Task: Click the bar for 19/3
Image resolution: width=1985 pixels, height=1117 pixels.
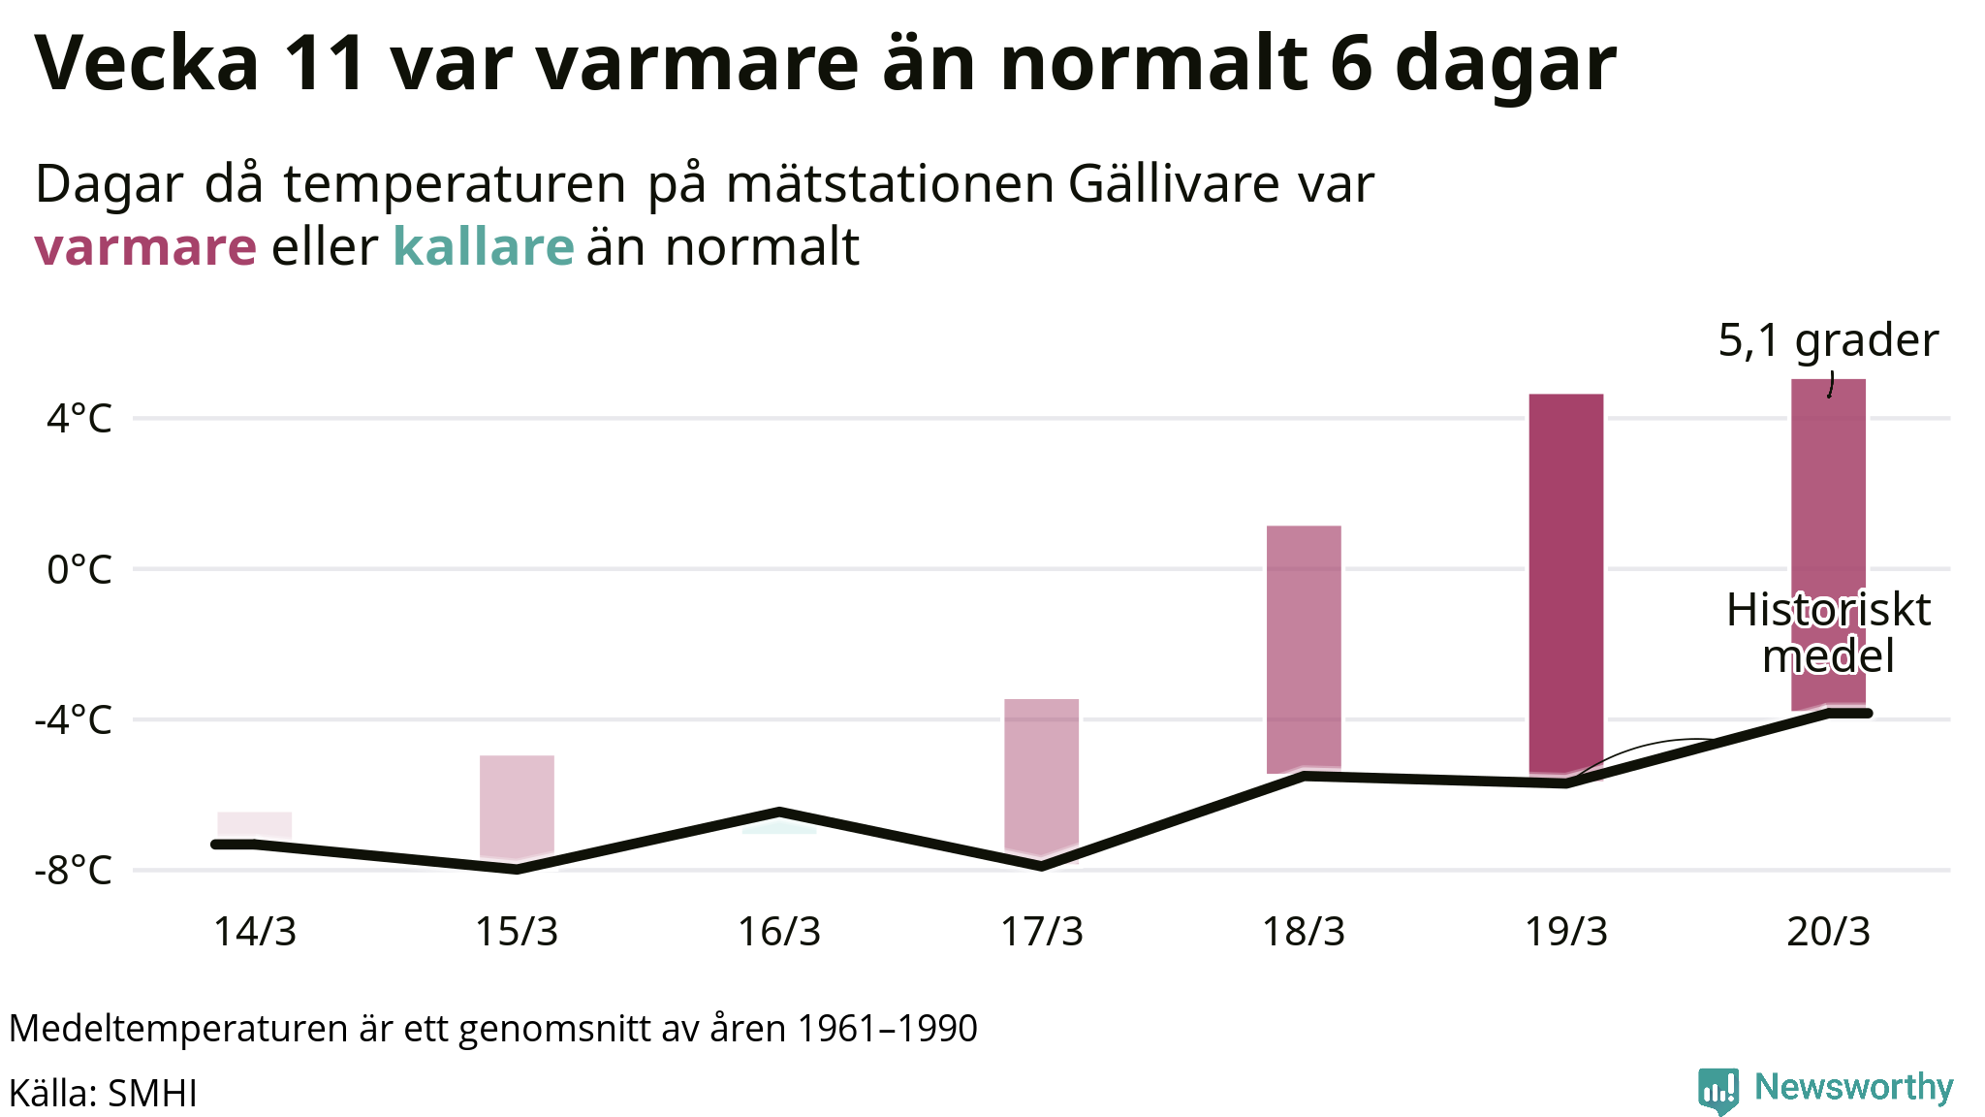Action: [1565, 582]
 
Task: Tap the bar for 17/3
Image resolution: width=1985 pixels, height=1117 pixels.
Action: [1041, 776]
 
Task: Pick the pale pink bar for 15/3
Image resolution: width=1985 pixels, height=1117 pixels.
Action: [517, 805]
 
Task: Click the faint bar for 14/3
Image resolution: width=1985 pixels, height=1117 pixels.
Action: [254, 825]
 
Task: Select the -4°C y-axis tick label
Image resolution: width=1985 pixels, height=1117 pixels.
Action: [74, 720]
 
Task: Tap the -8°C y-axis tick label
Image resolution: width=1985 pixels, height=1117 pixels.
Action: [74, 871]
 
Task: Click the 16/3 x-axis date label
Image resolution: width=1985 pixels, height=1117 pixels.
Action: [779, 932]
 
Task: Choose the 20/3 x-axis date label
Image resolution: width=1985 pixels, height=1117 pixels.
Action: [1828, 932]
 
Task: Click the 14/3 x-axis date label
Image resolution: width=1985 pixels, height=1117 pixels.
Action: [254, 932]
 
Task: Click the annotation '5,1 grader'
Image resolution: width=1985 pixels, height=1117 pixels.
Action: [1828, 340]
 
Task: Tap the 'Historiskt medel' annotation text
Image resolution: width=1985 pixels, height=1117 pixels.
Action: [1828, 633]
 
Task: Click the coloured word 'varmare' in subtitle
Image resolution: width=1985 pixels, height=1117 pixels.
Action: [145, 246]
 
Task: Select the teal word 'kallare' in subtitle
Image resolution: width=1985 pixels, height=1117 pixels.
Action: [484, 246]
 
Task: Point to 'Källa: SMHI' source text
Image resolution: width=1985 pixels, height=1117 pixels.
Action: [103, 1093]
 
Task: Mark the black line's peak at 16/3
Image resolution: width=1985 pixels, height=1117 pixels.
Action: [779, 811]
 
